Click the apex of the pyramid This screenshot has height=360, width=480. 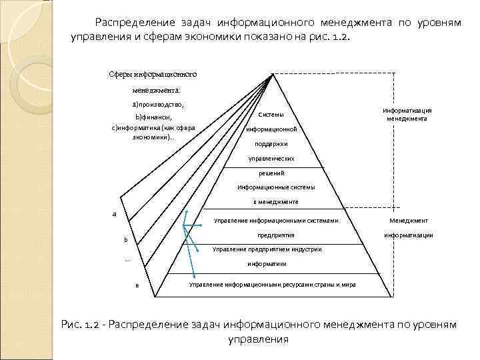272,74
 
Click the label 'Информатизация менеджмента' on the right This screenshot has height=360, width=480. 407,115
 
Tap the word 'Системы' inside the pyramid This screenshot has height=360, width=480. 270,114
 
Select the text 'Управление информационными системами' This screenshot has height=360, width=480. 276,221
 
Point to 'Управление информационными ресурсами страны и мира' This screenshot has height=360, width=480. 272,285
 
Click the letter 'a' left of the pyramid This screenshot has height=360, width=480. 114,214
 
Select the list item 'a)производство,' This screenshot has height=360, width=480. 157,105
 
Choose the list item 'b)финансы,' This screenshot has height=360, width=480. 154,117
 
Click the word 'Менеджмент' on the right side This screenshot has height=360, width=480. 408,221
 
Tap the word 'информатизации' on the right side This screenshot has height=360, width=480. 408,235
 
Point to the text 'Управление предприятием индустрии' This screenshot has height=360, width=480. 267,249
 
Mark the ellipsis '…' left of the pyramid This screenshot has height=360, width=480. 127,260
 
